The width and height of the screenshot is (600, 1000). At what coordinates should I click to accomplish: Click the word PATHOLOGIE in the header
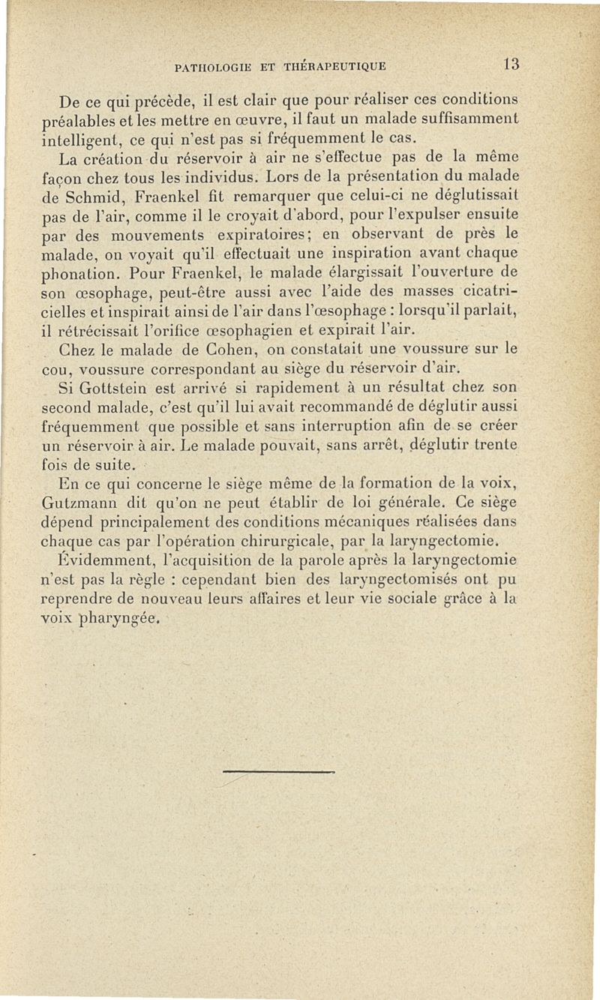[212, 66]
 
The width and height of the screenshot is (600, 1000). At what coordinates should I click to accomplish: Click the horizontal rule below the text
[289, 770]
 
